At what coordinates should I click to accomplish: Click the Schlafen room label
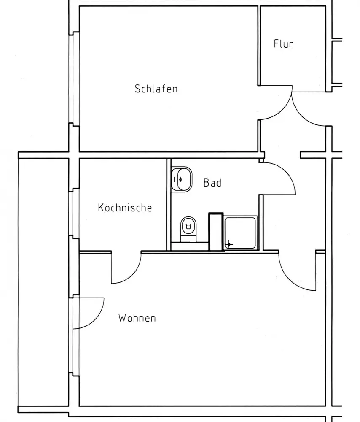156,89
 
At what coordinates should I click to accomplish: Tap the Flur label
283,44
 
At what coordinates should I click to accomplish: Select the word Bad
212,183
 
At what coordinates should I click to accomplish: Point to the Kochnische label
124,208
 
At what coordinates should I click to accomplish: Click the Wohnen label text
137,317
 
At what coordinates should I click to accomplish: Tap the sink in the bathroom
182,179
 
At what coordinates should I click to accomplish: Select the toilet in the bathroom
188,227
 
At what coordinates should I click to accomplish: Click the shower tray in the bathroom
240,233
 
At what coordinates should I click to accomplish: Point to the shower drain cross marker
228,244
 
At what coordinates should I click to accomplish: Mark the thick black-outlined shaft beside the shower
215,232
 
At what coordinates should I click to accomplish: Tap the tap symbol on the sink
180,179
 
